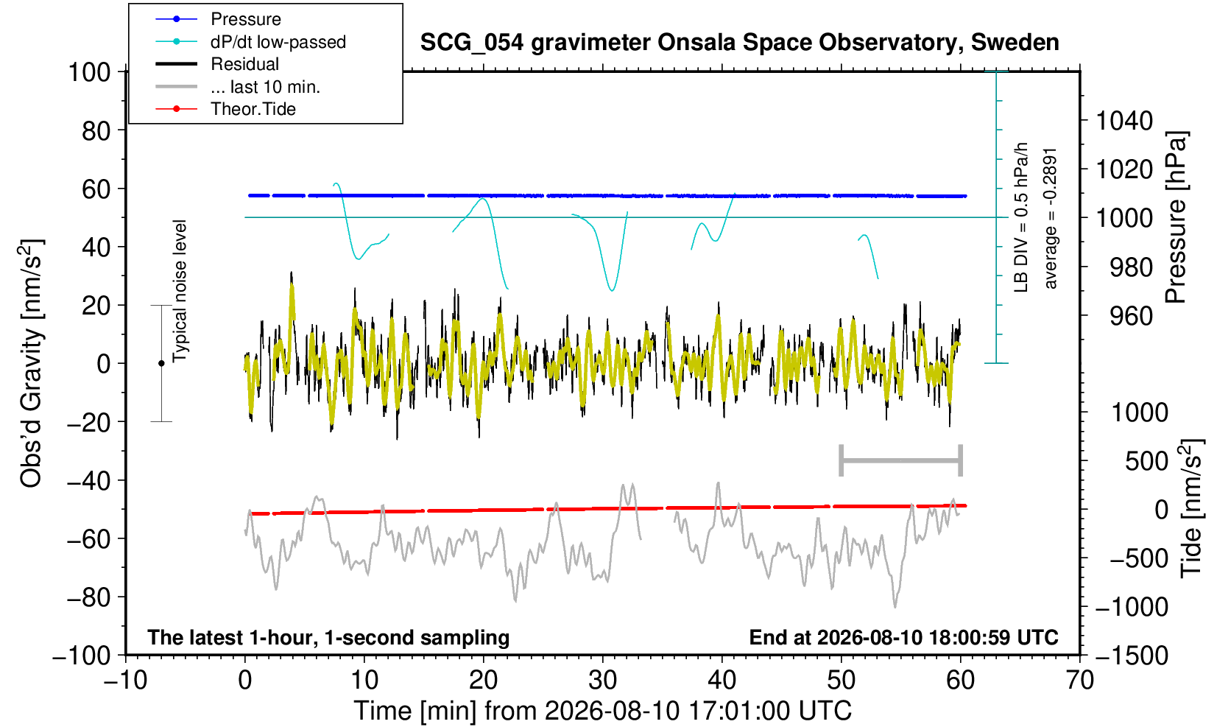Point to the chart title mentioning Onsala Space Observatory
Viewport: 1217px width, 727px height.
[x=739, y=43]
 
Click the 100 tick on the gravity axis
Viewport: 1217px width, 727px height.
[x=89, y=72]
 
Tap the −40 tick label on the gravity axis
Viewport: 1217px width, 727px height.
[x=89, y=481]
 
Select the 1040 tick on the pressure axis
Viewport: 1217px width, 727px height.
[x=1124, y=121]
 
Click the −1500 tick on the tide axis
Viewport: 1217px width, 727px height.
[x=1131, y=656]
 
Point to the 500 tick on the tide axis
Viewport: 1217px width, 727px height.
[x=1146, y=461]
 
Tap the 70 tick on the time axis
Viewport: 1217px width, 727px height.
[x=1079, y=681]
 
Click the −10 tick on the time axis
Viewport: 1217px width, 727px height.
[x=125, y=681]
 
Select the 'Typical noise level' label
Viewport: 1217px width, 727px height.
[x=180, y=292]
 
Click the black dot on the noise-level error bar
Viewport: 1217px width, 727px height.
[x=161, y=363]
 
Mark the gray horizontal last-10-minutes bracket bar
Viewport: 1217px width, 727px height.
[x=901, y=460]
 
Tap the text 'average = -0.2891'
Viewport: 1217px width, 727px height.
[x=1050, y=218]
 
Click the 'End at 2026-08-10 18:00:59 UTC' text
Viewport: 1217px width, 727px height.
[x=903, y=637]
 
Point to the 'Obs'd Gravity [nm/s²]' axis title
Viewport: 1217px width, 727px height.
[x=30, y=363]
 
